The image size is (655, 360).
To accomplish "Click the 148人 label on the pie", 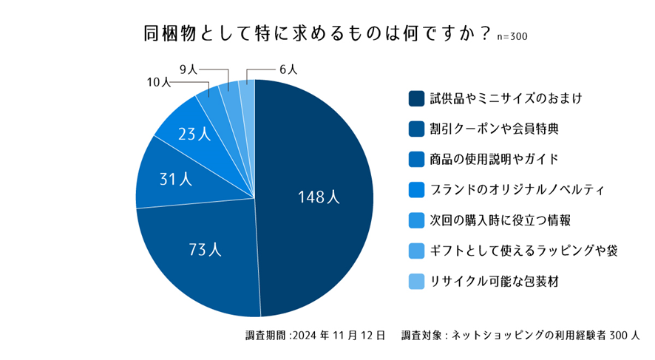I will click(318, 197).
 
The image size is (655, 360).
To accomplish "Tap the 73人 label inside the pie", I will click(205, 250).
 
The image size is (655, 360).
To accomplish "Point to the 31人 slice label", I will click(175, 179).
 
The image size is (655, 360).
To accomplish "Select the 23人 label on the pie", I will click(194, 135).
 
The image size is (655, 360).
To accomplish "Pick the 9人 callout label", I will click(188, 69).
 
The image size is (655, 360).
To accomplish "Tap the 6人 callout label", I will click(288, 69).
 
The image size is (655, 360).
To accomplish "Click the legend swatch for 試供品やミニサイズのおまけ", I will click(415, 98).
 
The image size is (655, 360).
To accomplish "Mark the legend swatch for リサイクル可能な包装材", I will click(415, 282).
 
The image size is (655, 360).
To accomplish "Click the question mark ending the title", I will click(485, 33).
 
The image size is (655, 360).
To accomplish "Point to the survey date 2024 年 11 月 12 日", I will click(339, 335).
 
